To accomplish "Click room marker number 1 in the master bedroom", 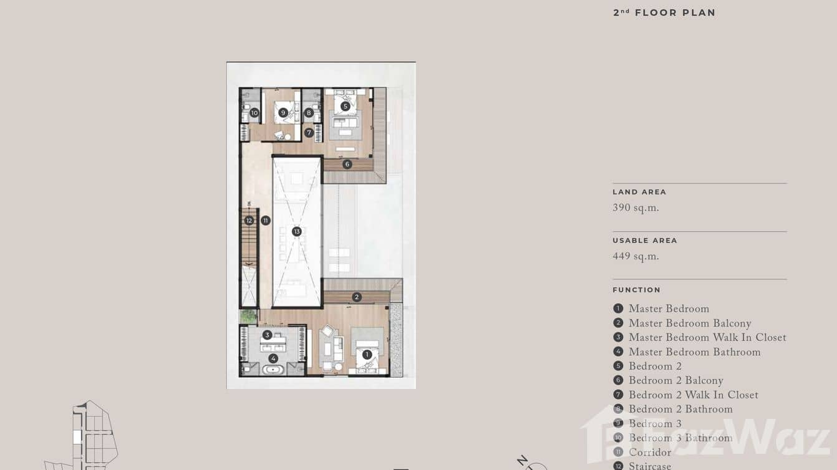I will (x=367, y=355).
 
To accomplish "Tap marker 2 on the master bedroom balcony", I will (x=357, y=297).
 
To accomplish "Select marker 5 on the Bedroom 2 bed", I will (x=345, y=107).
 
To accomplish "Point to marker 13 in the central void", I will (x=297, y=231).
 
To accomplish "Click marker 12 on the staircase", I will (x=249, y=220).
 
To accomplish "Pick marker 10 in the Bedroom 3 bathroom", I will (x=254, y=113).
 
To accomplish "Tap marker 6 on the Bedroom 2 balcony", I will (x=347, y=165).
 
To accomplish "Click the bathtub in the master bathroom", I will (x=273, y=370).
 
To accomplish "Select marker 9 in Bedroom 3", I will (x=283, y=113).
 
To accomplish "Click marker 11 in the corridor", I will (x=266, y=220).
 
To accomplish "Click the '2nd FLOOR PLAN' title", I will (x=664, y=12).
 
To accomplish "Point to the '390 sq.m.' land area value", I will (x=636, y=208).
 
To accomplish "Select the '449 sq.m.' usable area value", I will (x=636, y=256).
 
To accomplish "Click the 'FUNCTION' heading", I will (x=636, y=290).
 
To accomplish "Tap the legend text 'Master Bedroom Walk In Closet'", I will (x=707, y=338).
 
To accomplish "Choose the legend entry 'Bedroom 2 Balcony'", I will (x=675, y=381).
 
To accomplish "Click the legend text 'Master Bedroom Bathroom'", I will (x=694, y=352).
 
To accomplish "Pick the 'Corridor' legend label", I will (x=650, y=453).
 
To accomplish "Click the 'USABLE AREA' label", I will (x=644, y=241).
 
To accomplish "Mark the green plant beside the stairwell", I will (x=248, y=316).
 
